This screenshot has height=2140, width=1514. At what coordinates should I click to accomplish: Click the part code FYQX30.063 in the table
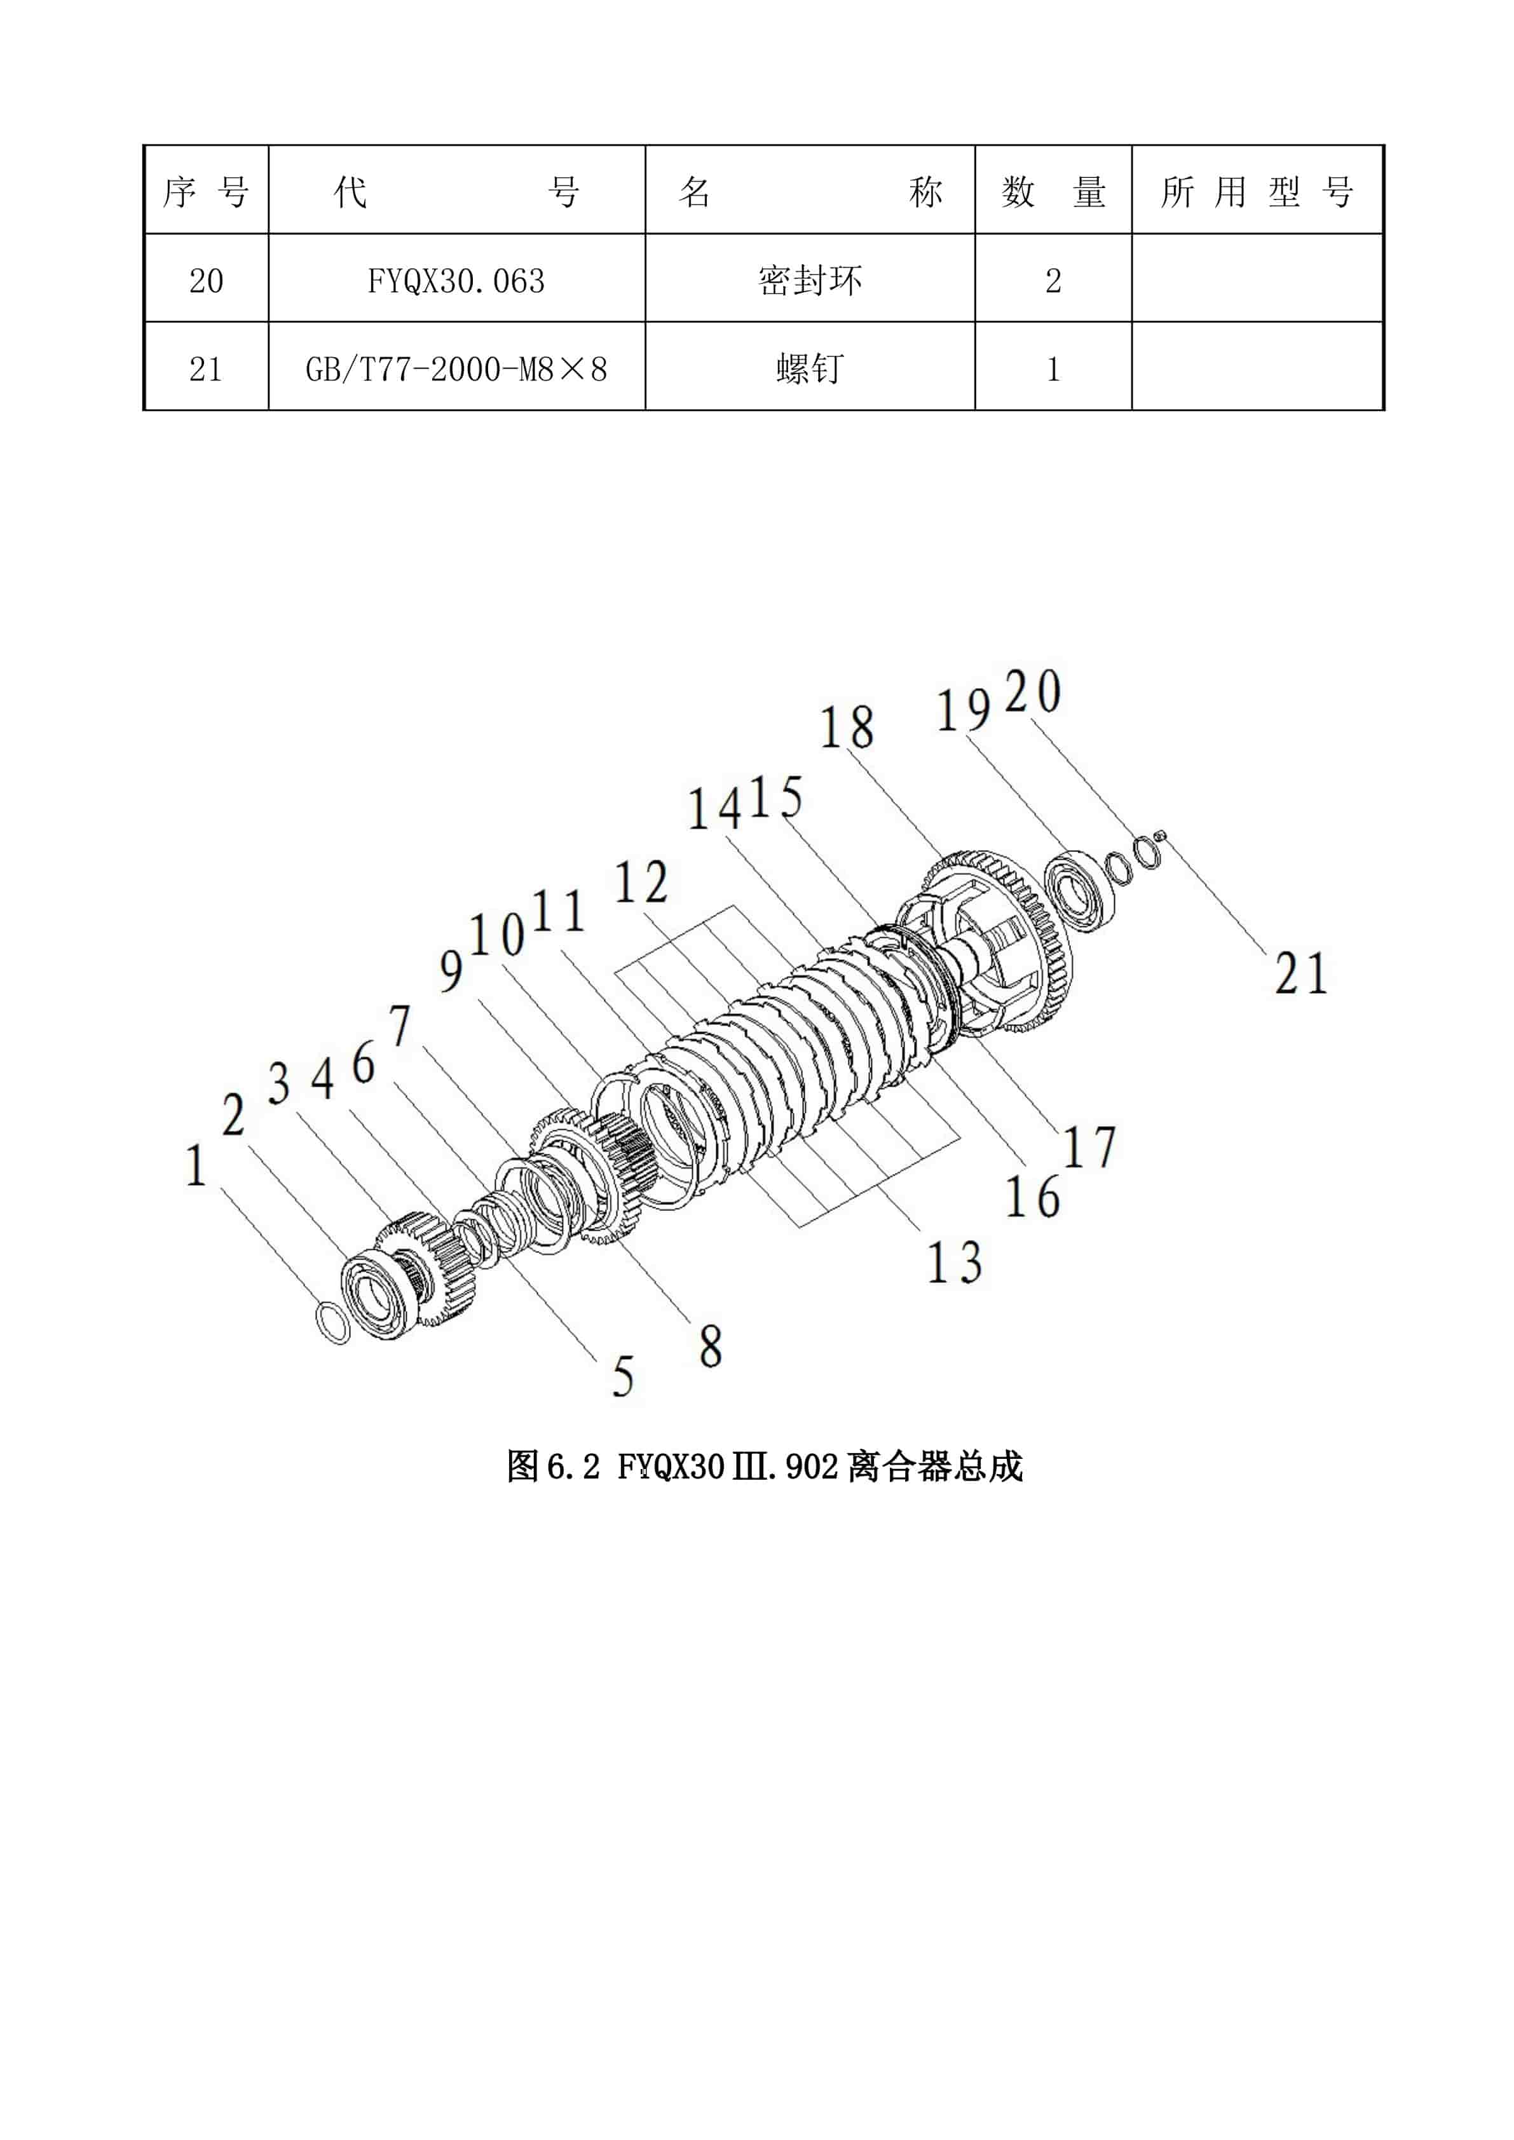tap(456, 281)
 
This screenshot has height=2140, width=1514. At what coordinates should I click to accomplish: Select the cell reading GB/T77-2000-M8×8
tap(456, 369)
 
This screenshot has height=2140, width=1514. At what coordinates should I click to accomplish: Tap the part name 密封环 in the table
tap(809, 281)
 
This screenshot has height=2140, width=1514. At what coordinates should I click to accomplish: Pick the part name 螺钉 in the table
tap(809, 369)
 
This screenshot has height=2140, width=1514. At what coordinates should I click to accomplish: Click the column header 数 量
tap(1053, 192)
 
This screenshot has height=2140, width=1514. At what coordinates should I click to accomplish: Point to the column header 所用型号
tap(1256, 192)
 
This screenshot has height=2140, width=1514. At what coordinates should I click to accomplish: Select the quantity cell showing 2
tap(1053, 281)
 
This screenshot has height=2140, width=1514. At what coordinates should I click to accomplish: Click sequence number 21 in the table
tap(206, 369)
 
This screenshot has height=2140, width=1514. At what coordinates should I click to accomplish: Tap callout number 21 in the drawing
tap(1300, 974)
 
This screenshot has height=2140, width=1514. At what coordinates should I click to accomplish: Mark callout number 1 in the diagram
tap(195, 1166)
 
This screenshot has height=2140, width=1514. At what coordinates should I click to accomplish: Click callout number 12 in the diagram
tap(641, 883)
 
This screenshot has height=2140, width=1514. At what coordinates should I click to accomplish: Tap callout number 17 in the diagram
tap(1089, 1148)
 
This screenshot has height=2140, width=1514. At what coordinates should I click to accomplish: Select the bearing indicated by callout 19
tap(1079, 886)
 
